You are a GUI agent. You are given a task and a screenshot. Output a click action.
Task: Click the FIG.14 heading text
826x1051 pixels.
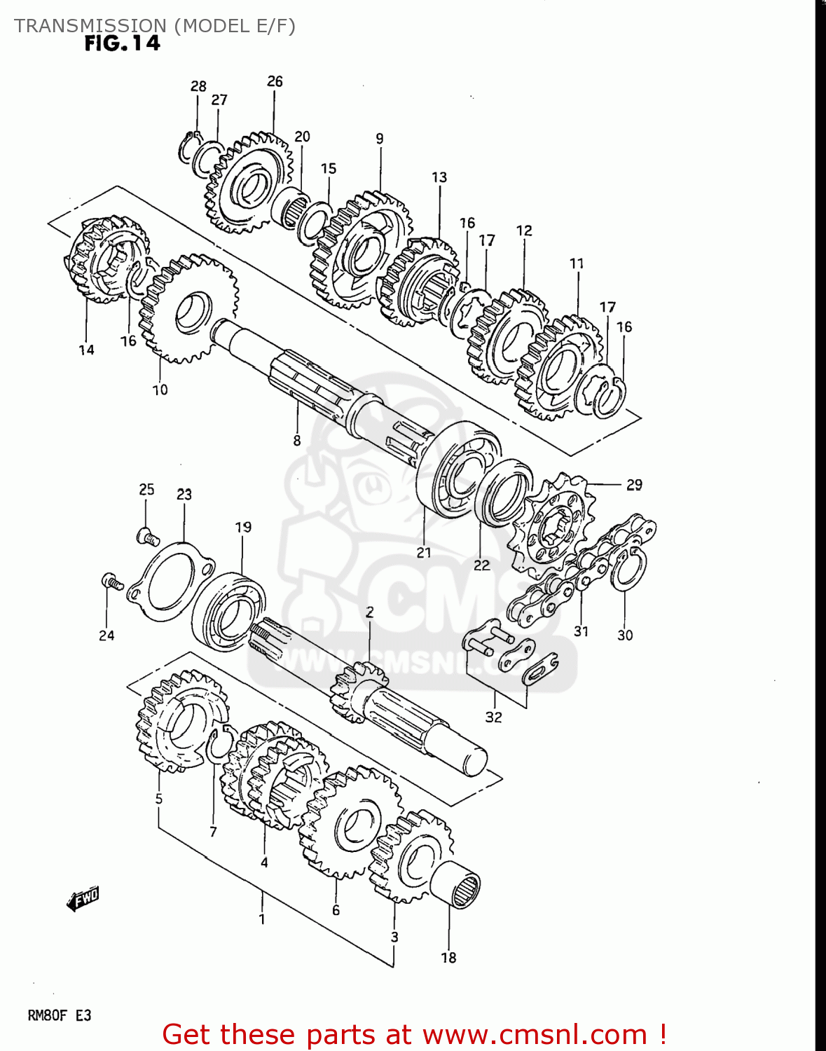(122, 43)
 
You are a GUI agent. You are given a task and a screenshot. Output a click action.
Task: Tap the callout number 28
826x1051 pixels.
(198, 86)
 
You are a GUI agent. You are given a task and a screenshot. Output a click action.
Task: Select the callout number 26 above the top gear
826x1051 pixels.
(275, 81)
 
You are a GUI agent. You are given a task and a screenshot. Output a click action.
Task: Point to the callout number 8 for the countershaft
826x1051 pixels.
(297, 441)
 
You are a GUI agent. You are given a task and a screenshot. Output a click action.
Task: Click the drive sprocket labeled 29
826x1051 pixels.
(553, 522)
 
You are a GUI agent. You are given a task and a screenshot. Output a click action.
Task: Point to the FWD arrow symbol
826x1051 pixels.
(83, 898)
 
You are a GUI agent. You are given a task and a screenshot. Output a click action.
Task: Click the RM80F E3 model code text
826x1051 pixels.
(60, 1015)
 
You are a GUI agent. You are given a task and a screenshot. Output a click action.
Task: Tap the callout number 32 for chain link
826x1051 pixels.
(493, 717)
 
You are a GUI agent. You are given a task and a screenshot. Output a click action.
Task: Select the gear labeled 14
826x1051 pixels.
(105, 259)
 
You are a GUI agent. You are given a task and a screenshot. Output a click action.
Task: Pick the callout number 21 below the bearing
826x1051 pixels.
(424, 553)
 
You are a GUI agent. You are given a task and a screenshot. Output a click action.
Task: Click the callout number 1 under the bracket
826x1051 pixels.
(262, 918)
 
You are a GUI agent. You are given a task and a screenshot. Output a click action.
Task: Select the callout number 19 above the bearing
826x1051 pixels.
(243, 527)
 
